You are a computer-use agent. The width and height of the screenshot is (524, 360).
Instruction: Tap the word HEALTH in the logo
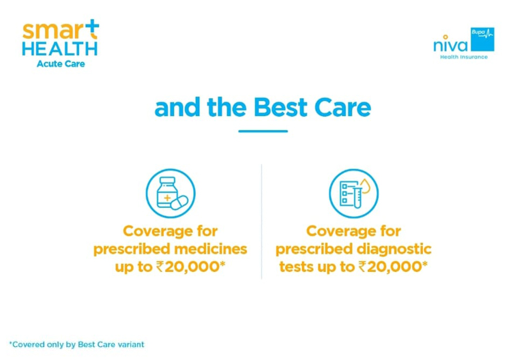60,49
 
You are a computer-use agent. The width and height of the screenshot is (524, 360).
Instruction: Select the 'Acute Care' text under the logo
61,64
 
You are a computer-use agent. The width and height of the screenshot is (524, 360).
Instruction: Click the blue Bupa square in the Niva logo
482,39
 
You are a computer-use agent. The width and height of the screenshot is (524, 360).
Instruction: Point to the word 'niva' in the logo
451,44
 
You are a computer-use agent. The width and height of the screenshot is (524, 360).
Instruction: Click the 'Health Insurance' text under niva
464,57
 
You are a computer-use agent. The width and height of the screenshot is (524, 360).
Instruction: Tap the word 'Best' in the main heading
280,108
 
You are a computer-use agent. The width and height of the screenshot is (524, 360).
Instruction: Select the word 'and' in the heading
177,108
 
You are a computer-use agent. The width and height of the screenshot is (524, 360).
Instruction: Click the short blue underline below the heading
263,131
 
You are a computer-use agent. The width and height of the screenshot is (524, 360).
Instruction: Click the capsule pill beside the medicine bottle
179,202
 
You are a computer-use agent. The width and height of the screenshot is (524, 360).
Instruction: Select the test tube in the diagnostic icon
358,195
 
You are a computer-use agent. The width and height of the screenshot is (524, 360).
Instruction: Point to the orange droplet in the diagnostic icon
365,187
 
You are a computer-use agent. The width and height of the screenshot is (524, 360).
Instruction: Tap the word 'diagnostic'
394,250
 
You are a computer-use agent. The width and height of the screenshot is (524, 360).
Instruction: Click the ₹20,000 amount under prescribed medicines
190,267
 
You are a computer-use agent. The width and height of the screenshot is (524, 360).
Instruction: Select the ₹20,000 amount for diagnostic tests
393,267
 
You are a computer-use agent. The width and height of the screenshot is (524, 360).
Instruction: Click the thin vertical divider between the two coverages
261,222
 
